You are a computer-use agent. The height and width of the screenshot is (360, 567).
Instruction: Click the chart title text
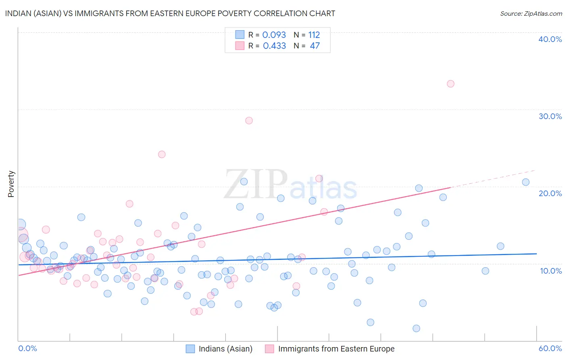point(170,13)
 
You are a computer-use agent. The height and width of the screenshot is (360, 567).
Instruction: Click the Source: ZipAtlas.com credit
point(531,14)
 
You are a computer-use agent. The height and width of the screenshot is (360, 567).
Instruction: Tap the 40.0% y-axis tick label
point(550,39)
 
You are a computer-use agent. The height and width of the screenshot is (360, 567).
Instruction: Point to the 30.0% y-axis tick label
point(550,116)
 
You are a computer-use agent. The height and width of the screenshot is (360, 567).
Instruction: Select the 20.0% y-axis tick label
point(550,193)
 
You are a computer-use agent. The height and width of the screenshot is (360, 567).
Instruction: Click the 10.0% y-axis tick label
point(550,271)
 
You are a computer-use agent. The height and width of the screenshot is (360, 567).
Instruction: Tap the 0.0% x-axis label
point(27,348)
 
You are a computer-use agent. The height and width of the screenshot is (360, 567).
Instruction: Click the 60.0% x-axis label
point(550,348)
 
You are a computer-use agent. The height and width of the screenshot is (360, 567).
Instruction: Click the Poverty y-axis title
point(11,184)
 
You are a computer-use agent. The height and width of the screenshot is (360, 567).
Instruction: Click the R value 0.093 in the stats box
point(274,35)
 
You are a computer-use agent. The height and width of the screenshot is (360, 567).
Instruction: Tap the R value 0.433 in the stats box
point(274,46)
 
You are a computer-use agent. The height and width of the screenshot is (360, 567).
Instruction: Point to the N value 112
point(314,35)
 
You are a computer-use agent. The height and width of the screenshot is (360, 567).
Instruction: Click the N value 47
point(315,46)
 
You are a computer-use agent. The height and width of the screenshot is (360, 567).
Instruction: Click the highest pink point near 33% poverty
point(450,84)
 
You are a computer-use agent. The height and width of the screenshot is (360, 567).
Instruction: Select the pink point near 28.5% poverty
point(249,121)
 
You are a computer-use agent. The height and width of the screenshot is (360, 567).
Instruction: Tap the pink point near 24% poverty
point(162,154)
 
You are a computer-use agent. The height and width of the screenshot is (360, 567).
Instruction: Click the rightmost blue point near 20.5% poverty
point(525,182)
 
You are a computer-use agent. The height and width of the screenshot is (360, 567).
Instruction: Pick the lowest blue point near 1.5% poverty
point(416,329)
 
